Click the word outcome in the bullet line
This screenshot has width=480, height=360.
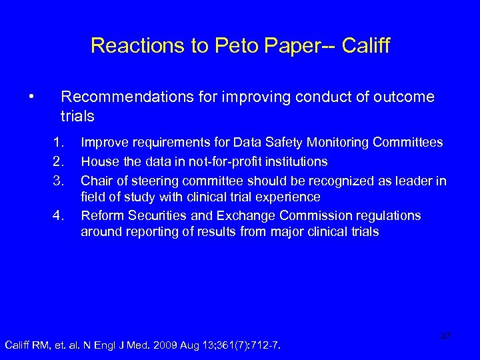point(405,97)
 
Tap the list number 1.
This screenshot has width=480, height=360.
point(59,142)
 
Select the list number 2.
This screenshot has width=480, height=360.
point(59,161)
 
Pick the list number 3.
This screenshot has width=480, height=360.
point(59,179)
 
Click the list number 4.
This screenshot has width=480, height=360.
point(59,215)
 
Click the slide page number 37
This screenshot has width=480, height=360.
point(446,337)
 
